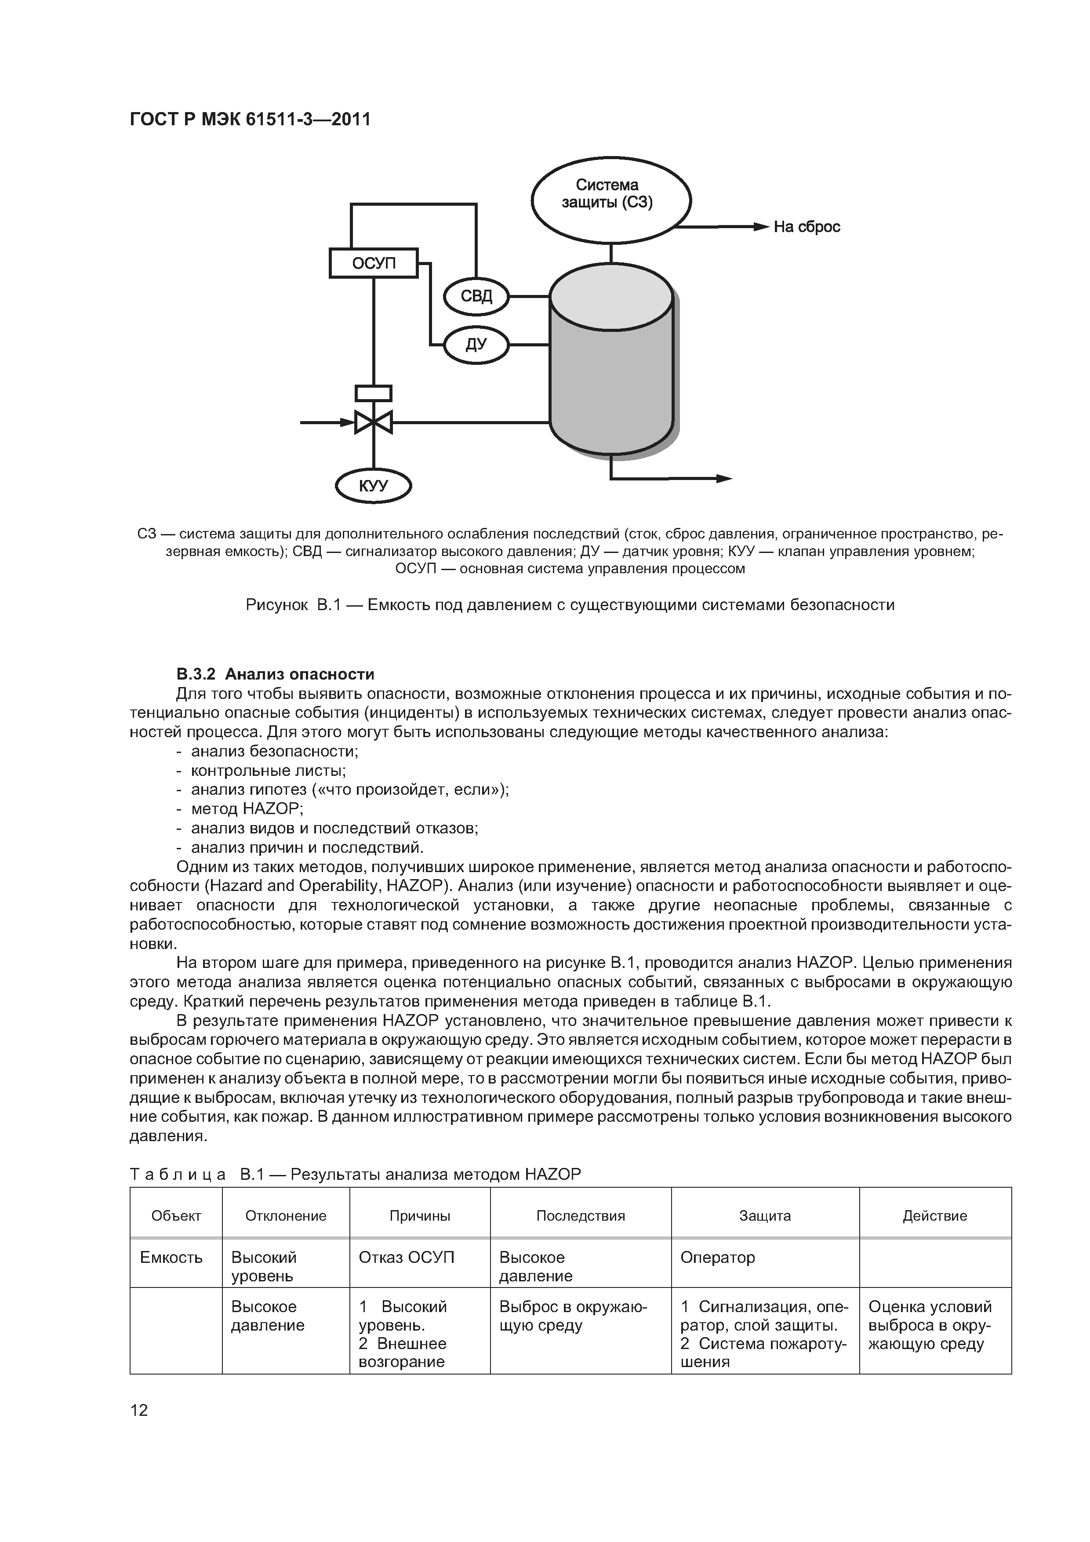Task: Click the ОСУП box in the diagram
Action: tap(374, 262)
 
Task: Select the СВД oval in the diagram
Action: tap(476, 296)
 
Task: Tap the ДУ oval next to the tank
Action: tap(476, 345)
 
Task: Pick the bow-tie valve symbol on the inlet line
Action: tap(374, 422)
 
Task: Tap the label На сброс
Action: tap(806, 227)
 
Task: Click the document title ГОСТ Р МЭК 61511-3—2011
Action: tap(250, 120)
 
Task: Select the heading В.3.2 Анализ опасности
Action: tap(275, 673)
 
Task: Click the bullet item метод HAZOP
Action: tap(247, 809)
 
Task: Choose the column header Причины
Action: tap(420, 1215)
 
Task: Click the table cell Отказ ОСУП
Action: tap(406, 1257)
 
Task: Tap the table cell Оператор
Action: tap(717, 1257)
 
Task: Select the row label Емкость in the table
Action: tap(171, 1257)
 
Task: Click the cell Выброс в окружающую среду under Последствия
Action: tap(573, 1316)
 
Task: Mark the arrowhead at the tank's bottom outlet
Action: tap(724, 479)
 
